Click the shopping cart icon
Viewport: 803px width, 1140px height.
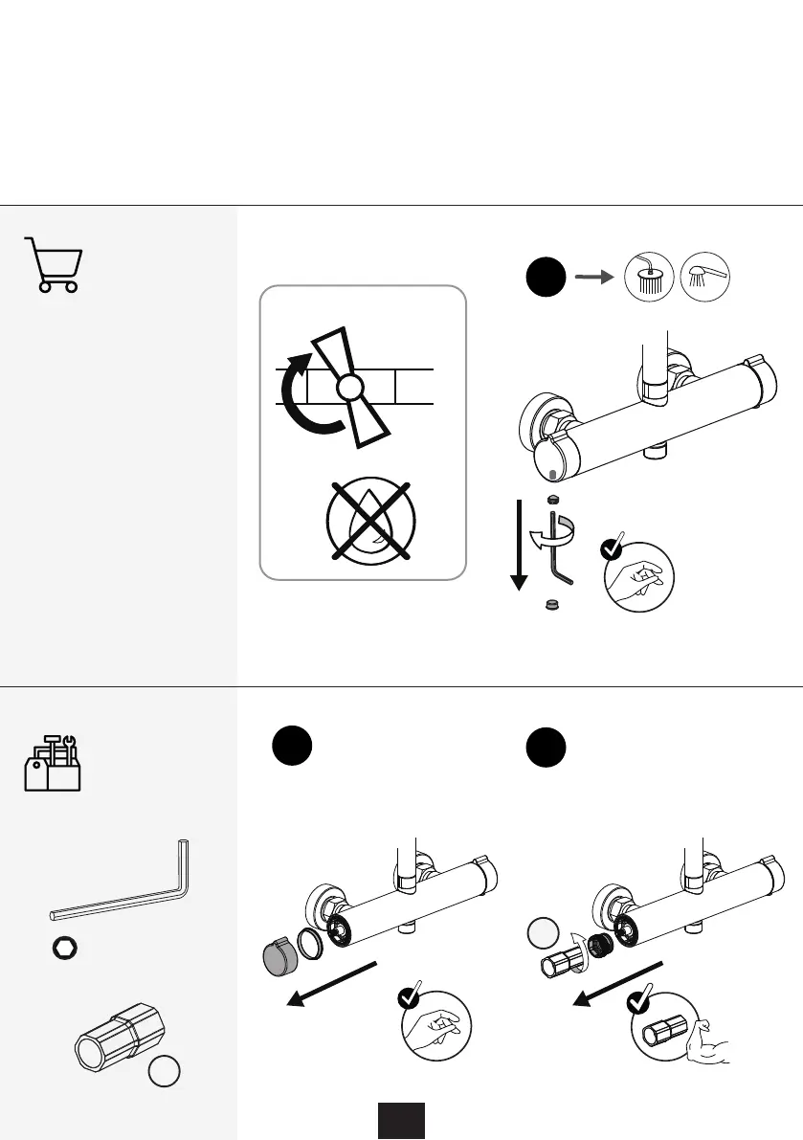coord(53,264)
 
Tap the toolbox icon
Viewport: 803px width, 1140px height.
coord(53,762)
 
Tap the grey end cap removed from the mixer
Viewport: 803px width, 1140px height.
coord(279,958)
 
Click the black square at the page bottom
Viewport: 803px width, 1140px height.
coord(400,1120)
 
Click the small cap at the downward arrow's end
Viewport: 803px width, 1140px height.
coord(551,604)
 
